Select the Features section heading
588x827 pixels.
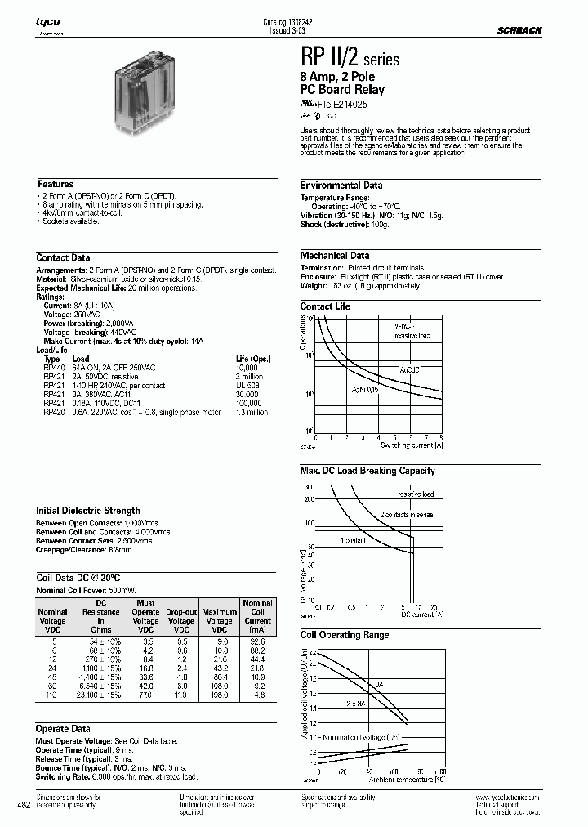click(x=56, y=185)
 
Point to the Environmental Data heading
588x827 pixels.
click(x=341, y=186)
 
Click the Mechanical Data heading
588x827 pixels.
click(x=335, y=256)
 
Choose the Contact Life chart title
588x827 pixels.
click(x=325, y=306)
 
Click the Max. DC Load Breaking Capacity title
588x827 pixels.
click(x=367, y=471)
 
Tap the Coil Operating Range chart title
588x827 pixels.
click(x=345, y=635)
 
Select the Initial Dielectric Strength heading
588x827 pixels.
click(x=88, y=511)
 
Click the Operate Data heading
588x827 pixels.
click(x=63, y=729)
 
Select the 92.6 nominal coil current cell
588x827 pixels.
click(x=258, y=642)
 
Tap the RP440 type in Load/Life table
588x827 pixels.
click(x=52, y=369)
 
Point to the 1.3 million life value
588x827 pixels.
click(x=252, y=413)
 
